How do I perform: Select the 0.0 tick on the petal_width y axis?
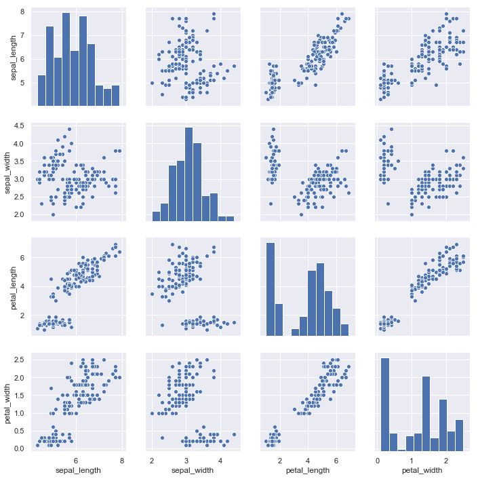(x=20, y=448)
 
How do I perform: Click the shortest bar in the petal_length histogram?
(x=295, y=332)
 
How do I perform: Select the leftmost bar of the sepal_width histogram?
(x=156, y=216)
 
